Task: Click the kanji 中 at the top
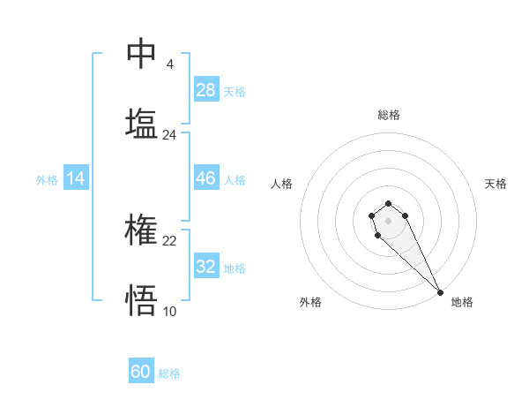point(141,55)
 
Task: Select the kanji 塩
point(141,124)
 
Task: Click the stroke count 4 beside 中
point(169,64)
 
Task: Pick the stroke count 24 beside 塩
point(169,135)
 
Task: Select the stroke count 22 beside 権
point(170,241)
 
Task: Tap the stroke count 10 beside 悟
point(169,311)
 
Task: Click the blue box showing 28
point(206,90)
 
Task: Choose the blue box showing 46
point(206,178)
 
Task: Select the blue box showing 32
point(206,267)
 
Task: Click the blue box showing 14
point(76,178)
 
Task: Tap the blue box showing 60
point(141,372)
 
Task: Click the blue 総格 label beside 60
point(169,373)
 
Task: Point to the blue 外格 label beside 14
point(47,180)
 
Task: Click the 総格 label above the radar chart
point(389,115)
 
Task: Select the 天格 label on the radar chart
point(495,184)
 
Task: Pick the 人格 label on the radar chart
point(282,184)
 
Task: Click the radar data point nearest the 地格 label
point(440,292)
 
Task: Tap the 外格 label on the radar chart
point(310,302)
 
